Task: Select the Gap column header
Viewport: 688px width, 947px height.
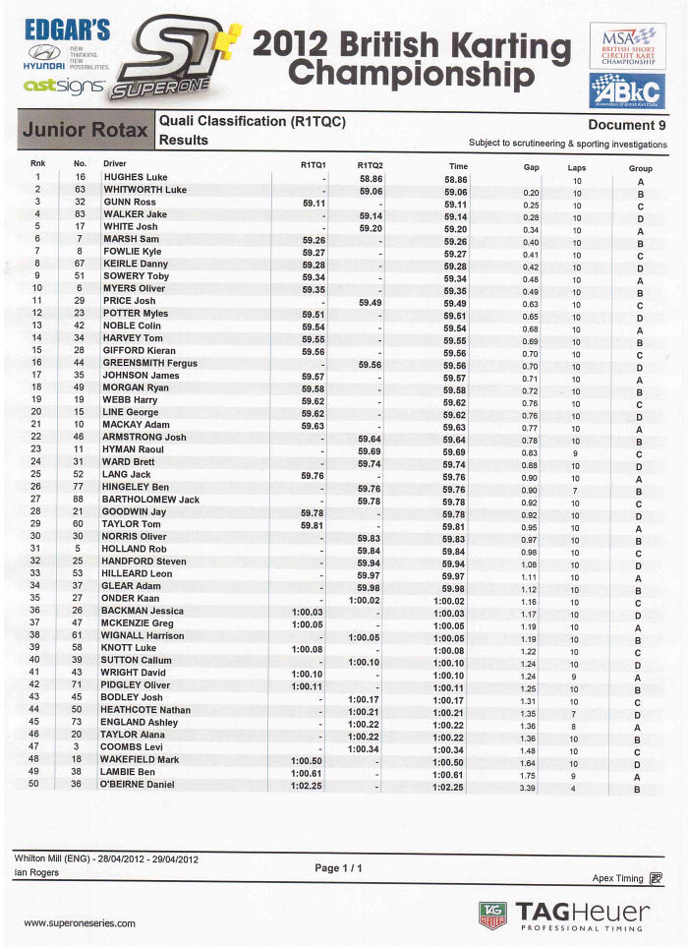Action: click(x=531, y=167)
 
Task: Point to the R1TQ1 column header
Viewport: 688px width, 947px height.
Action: click(x=313, y=165)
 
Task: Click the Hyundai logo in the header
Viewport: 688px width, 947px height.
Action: click(x=45, y=53)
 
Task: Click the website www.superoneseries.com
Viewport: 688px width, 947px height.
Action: click(x=79, y=922)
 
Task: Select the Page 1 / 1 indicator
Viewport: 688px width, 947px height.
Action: click(x=339, y=868)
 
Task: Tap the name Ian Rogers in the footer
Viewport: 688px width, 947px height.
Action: click(x=37, y=872)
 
